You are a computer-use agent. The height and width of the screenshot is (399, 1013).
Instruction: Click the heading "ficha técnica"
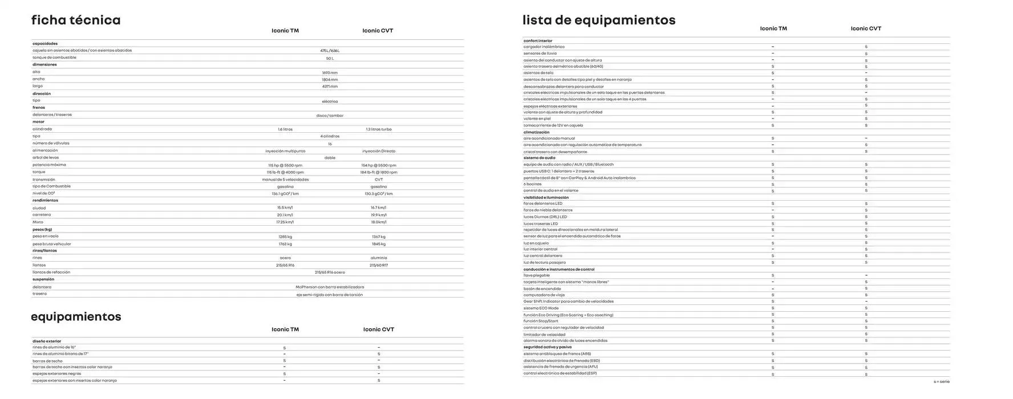coord(76,21)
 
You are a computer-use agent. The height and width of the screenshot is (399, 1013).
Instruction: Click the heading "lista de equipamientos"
coord(599,21)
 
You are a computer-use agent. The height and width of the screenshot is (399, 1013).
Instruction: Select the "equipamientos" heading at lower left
coord(76,317)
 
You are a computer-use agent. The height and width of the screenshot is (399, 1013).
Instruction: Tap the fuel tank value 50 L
coord(330,58)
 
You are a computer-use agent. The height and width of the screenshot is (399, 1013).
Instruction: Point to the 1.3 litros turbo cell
coord(379,129)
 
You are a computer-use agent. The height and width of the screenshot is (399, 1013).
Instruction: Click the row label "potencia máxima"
coord(49,165)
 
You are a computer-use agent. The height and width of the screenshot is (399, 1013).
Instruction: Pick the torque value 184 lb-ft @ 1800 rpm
coord(379,172)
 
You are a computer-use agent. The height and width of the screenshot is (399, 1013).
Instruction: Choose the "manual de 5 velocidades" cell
coord(285,180)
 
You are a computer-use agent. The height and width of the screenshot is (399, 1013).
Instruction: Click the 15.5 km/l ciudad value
coord(285,208)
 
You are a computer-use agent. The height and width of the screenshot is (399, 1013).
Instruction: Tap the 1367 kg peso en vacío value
coord(379,237)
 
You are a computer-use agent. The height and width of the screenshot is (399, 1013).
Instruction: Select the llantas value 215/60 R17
coord(379,265)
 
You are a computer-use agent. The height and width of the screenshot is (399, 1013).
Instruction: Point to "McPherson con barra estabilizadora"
coord(330,287)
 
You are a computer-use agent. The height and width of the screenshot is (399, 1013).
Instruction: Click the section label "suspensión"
coord(43,279)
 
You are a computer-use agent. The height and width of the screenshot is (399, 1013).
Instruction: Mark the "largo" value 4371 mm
coord(330,87)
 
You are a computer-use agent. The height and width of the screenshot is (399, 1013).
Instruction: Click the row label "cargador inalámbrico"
coord(544,47)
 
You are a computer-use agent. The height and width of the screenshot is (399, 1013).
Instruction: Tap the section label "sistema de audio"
coord(539,158)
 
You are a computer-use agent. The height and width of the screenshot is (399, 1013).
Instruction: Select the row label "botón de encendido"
coord(542,288)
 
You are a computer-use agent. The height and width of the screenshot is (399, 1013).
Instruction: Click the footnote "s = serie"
coord(942,381)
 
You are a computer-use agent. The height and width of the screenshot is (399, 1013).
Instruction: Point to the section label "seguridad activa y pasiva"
coord(548,347)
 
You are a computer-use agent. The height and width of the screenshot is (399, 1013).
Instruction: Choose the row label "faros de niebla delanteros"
coord(548,210)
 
